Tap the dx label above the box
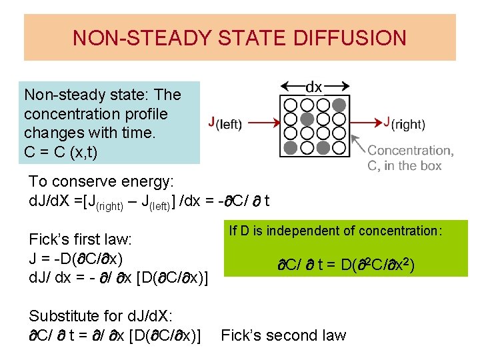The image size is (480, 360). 313,87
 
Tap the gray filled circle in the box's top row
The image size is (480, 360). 339,105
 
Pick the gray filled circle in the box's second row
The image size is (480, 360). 307,119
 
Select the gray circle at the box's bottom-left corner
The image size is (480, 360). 291,147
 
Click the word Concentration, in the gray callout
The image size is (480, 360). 410,151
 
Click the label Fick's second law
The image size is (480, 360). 283,335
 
